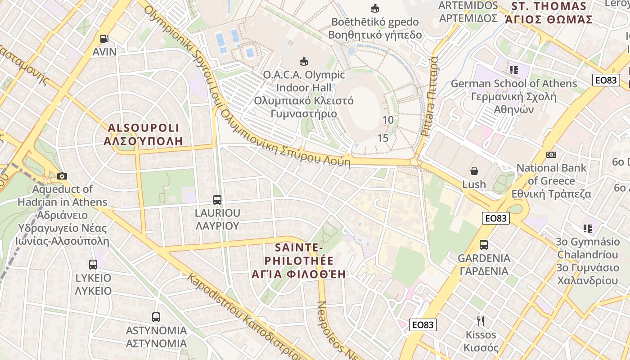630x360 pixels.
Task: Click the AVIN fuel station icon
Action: coord(104,39)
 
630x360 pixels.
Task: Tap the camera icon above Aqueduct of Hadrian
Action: coord(62,176)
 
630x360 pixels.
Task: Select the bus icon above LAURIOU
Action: coord(217,199)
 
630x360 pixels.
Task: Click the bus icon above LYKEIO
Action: coord(93,264)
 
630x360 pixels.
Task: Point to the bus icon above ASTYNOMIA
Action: coord(156,317)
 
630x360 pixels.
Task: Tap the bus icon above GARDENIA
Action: coord(484,245)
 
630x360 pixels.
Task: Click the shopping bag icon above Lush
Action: coord(474,171)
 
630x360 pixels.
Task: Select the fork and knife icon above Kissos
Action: coord(481,321)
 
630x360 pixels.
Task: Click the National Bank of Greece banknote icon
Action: coord(551,155)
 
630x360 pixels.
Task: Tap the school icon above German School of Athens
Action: coord(513,70)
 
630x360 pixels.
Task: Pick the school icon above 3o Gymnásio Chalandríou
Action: coord(587,229)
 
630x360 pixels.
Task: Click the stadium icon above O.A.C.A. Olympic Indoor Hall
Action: coord(304,62)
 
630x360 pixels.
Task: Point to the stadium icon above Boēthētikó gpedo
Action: coord(374,8)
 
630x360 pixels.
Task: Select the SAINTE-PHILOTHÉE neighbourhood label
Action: coord(305,261)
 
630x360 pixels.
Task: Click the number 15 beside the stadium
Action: coord(383,138)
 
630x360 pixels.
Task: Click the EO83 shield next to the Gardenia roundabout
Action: coord(496,219)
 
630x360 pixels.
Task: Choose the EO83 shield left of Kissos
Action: coord(423,325)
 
